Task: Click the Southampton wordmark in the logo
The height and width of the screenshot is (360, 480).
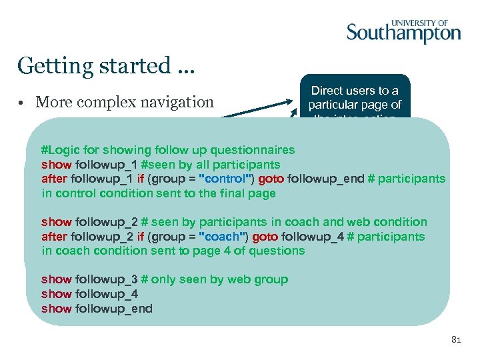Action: (403, 33)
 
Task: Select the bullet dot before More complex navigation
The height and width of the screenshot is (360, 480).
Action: (22, 103)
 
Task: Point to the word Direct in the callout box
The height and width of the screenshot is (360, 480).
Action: (327, 91)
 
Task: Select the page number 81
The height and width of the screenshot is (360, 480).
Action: (456, 340)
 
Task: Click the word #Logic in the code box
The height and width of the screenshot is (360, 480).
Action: (59, 150)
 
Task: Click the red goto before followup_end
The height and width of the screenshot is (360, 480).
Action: (271, 179)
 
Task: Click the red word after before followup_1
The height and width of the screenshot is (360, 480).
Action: (55, 179)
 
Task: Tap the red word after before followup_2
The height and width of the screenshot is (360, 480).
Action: (55, 237)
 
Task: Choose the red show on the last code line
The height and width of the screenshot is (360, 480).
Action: (56, 309)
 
